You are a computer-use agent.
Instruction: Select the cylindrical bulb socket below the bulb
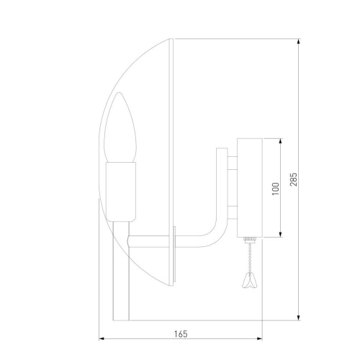(122, 190)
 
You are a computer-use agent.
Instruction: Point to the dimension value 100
(274, 189)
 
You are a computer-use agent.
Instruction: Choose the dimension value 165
(181, 333)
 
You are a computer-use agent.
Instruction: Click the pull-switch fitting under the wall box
(248, 240)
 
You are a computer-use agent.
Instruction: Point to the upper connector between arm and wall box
(232, 168)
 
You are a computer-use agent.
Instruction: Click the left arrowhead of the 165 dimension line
(100, 338)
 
